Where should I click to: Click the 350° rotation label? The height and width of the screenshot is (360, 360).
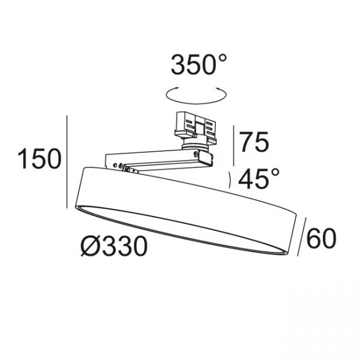pos(199,64)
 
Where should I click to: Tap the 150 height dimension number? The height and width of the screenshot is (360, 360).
pos(40,158)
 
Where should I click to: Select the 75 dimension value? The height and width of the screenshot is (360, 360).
pos(254,142)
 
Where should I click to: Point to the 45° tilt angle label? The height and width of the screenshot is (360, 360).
pos(259,178)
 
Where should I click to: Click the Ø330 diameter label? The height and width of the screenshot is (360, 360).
pos(114,246)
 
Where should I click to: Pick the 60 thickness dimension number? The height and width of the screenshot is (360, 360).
pos(321,239)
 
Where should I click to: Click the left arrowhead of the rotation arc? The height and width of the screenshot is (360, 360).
pos(177,88)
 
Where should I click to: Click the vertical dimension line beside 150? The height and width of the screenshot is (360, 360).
pos(67,161)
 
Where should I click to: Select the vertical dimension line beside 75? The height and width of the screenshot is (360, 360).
pos(233,146)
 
